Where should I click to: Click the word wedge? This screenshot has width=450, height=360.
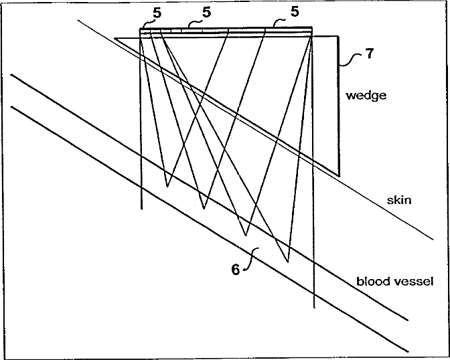(x=366, y=95)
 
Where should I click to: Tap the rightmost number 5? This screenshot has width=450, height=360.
(x=294, y=12)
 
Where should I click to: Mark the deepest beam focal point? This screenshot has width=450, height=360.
(x=287, y=261)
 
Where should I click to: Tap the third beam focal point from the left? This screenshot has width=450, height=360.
(x=246, y=236)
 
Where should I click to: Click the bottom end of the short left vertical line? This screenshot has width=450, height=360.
(x=142, y=209)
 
